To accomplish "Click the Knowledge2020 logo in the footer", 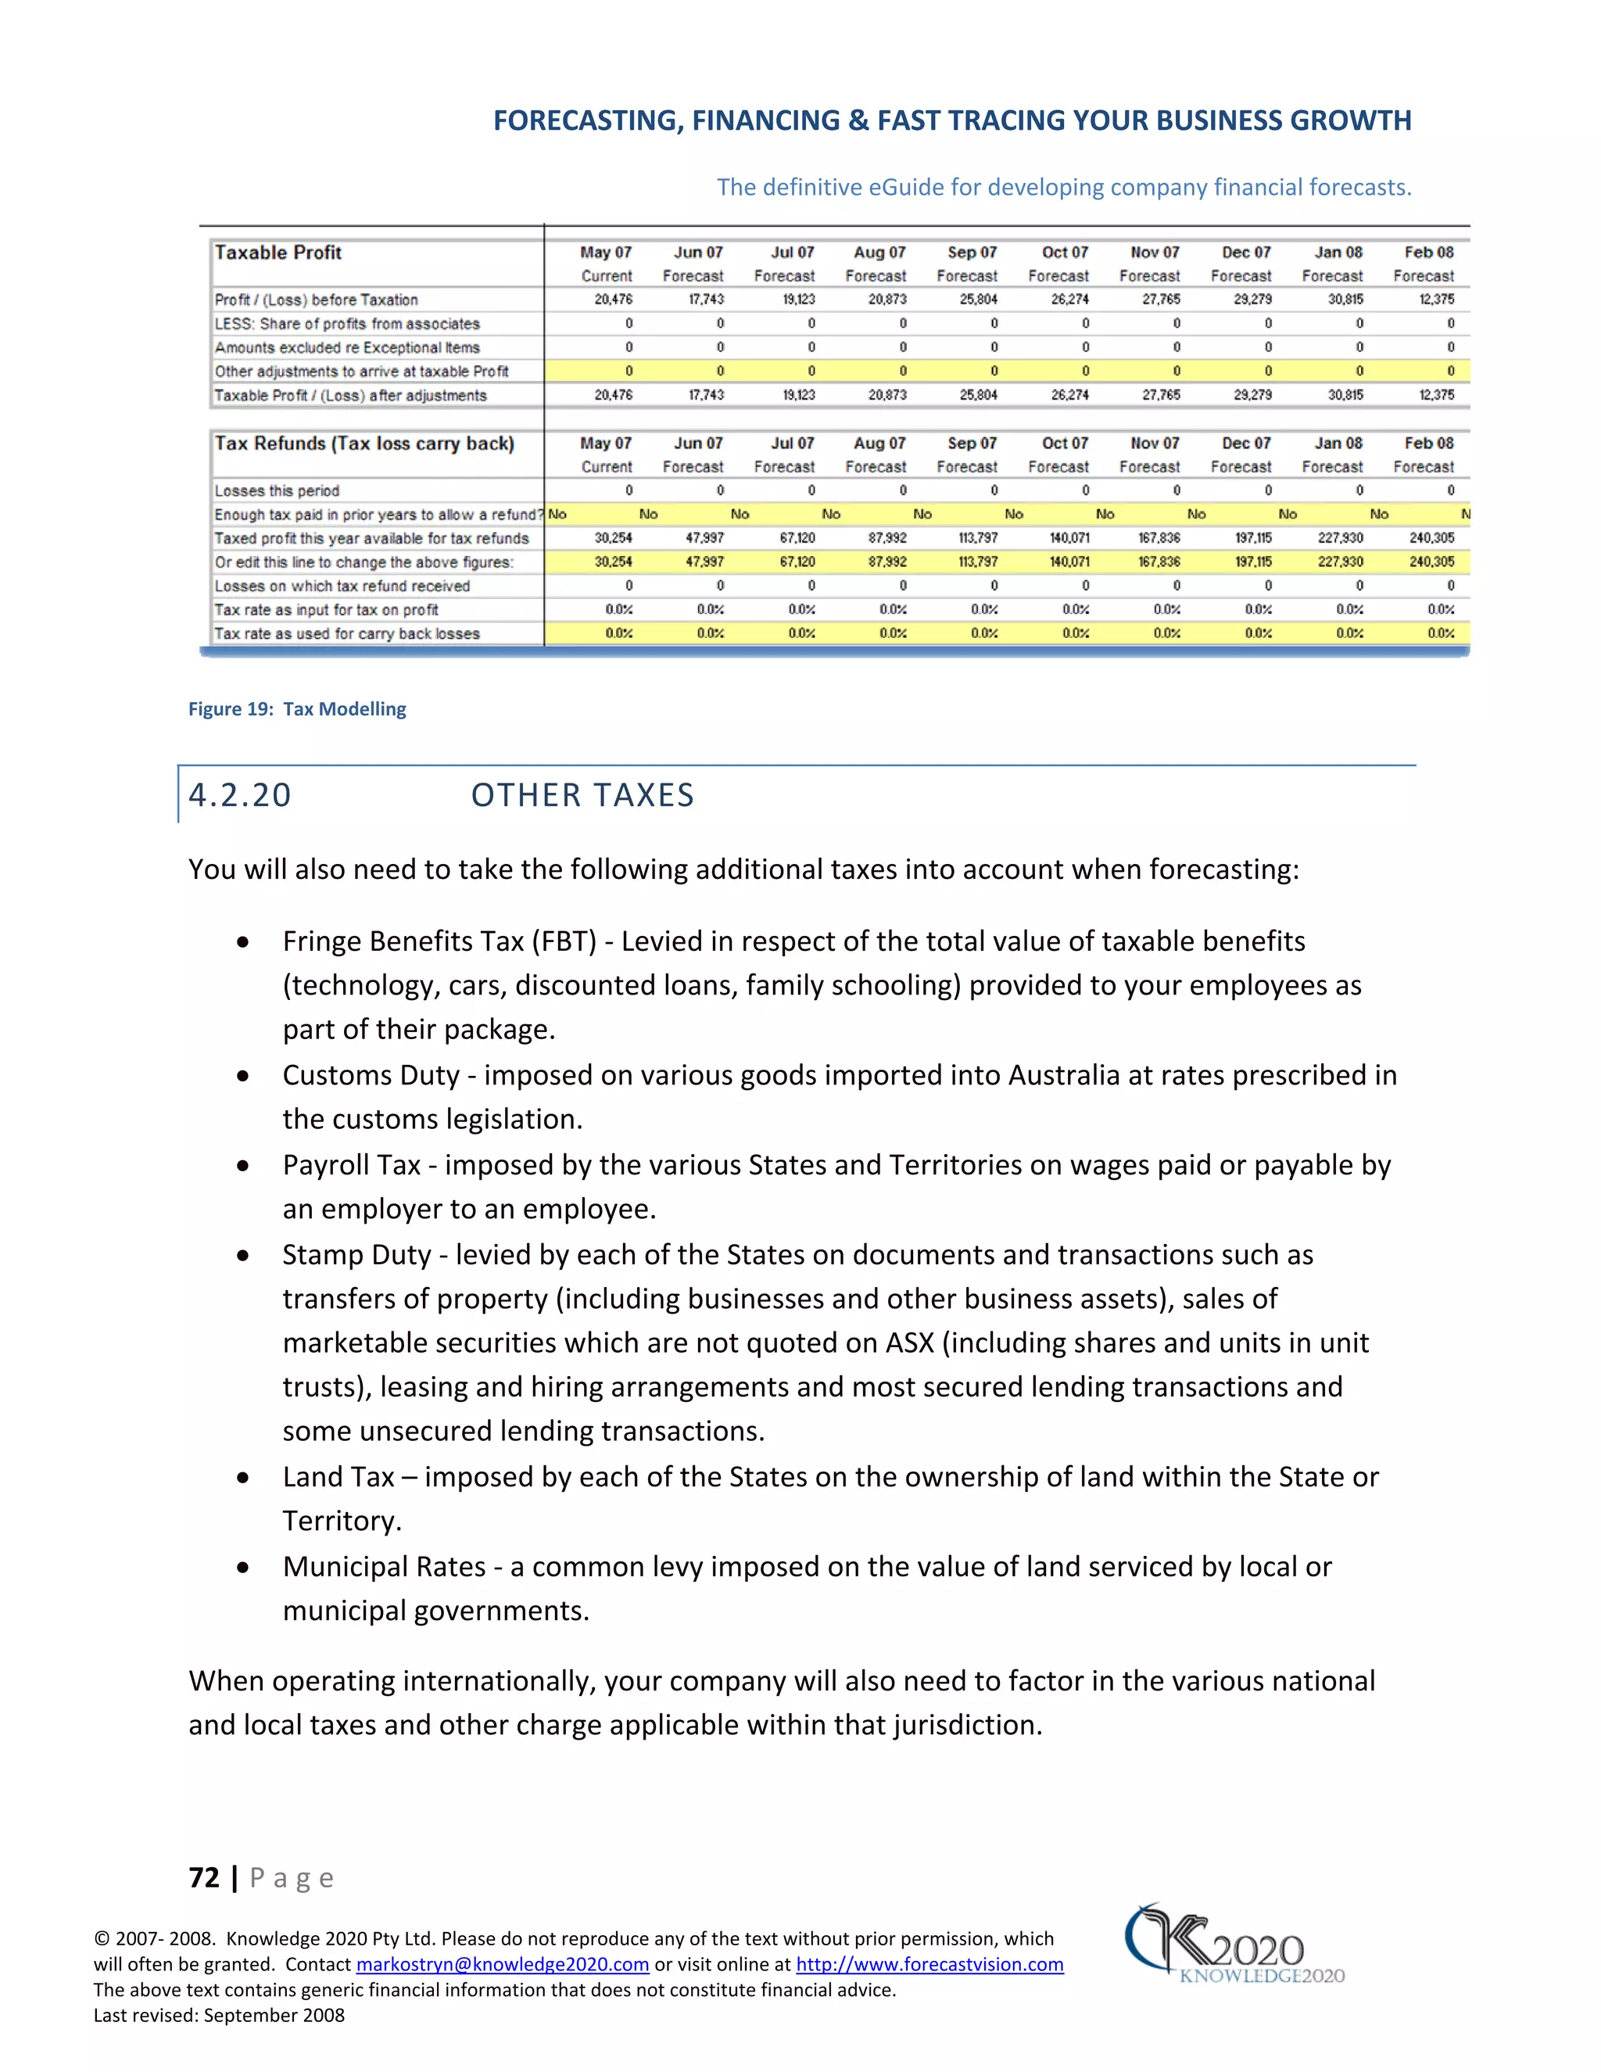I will coord(1233,1945).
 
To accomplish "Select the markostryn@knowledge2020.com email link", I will coord(502,1964).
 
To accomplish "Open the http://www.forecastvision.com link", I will coord(929,1964).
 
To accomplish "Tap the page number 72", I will coord(204,1877).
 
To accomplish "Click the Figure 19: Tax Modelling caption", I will coord(297,708).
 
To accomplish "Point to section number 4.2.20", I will coord(240,795).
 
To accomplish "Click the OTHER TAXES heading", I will coord(582,795).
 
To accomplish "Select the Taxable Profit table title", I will coord(278,253).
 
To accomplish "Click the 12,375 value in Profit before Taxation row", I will coord(1436,299).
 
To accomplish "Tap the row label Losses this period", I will coord(276,490).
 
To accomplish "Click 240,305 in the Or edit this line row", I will coord(1431,561).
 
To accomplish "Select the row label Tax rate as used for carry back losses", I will coord(346,634).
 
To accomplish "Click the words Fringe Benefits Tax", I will coord(402,941).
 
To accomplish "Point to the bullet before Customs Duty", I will coord(244,1076).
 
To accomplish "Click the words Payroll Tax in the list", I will coord(351,1165).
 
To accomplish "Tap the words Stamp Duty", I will coord(356,1255).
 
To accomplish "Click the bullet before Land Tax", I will coord(244,1478).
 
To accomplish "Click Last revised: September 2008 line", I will coord(219,2015).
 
